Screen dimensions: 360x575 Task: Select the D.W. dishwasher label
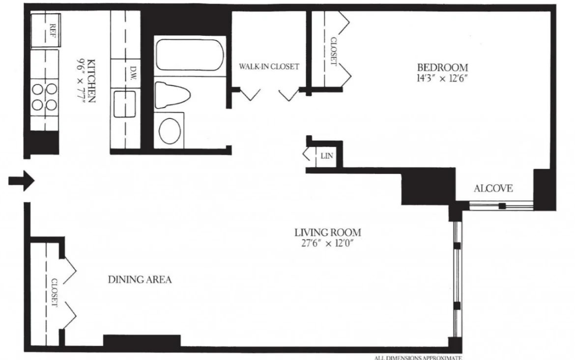coord(133,73)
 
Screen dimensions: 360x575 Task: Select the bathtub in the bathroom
coord(189,55)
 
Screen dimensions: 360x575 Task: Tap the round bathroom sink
coord(170,130)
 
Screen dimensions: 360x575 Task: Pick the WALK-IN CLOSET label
coord(269,66)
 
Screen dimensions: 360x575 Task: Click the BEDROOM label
coord(442,67)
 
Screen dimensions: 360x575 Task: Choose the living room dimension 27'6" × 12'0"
coord(327,243)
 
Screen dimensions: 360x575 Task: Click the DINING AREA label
coord(140,280)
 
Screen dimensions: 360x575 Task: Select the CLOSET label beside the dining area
coord(54,293)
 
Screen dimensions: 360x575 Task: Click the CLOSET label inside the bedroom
coord(333,52)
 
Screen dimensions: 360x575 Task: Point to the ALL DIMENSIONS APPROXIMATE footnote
coord(418,358)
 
